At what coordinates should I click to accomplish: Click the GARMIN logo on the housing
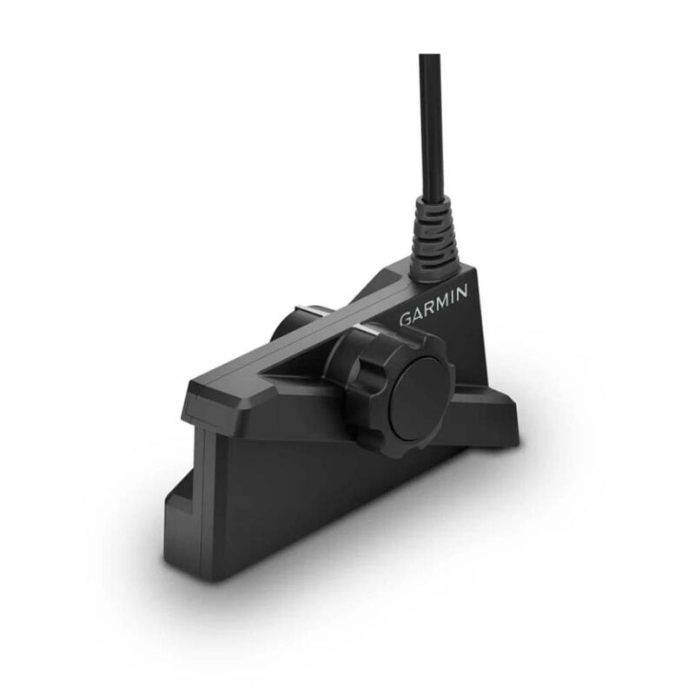pyautogui.click(x=434, y=306)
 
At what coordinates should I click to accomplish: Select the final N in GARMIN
pyautogui.click(x=461, y=293)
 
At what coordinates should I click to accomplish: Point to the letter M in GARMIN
pyautogui.click(x=441, y=302)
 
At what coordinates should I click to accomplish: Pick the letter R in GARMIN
pyautogui.click(x=428, y=308)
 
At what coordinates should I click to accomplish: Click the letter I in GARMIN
pyautogui.click(x=451, y=298)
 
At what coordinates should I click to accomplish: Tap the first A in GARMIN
pyautogui.click(x=418, y=313)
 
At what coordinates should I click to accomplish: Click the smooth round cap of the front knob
pyautogui.click(x=420, y=398)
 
